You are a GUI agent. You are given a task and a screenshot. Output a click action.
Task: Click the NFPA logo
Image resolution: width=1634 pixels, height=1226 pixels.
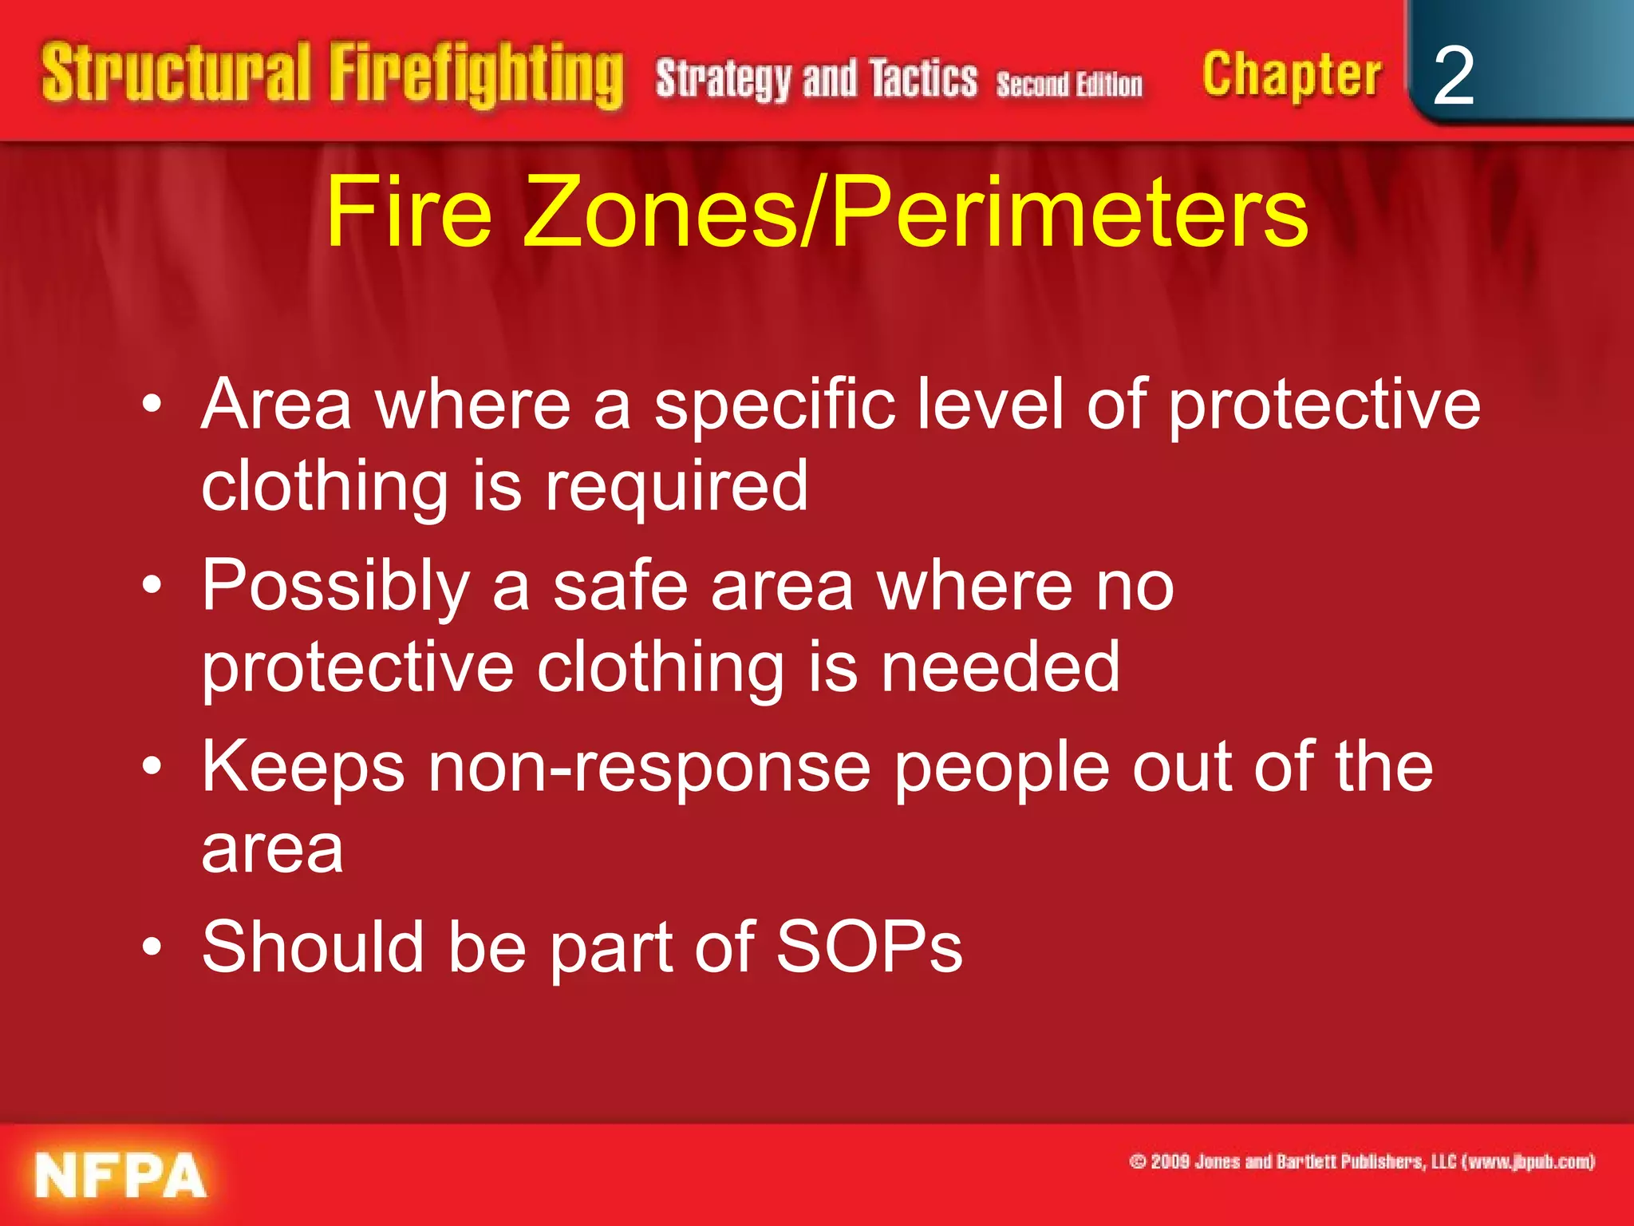[120, 1176]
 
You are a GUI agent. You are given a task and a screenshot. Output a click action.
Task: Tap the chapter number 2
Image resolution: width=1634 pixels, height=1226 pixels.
[1453, 76]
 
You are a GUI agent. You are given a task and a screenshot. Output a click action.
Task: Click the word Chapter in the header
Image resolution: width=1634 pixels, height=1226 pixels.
[1291, 75]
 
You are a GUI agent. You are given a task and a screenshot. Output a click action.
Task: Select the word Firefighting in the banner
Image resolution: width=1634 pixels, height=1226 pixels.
[476, 76]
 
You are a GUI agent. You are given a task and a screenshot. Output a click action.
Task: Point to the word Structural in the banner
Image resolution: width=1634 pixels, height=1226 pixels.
[176, 73]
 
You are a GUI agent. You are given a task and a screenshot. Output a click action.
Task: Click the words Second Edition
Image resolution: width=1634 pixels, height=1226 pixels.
[1069, 84]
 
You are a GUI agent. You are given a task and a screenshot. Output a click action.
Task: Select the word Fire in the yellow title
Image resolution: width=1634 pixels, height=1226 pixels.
[408, 212]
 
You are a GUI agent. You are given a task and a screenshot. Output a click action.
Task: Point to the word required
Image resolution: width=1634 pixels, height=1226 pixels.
[677, 486]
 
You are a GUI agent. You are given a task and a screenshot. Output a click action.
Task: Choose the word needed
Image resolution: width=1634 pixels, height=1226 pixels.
[1001, 667]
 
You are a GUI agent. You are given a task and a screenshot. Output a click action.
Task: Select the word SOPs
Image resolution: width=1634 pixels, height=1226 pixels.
[869, 947]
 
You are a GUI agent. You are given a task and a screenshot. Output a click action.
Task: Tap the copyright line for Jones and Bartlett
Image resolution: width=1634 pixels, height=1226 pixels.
[1362, 1161]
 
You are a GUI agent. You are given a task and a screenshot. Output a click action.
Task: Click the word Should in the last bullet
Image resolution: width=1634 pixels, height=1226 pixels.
[312, 947]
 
